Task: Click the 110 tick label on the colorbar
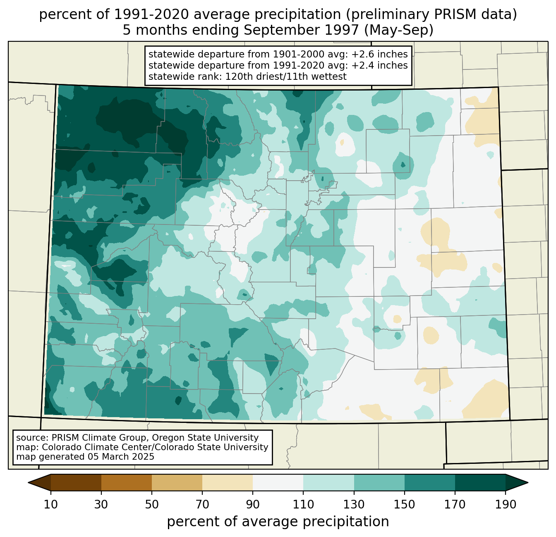pos(303,505)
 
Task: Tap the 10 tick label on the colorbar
pos(51,505)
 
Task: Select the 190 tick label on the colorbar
pos(505,505)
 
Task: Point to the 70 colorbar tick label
pos(202,505)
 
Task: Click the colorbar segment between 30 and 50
pos(127,482)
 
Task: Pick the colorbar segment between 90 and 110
pos(278,482)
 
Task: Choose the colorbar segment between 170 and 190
pos(480,482)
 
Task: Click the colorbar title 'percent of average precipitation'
pos(278,522)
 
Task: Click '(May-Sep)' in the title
pos(401,31)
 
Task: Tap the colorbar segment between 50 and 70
pos(177,482)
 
